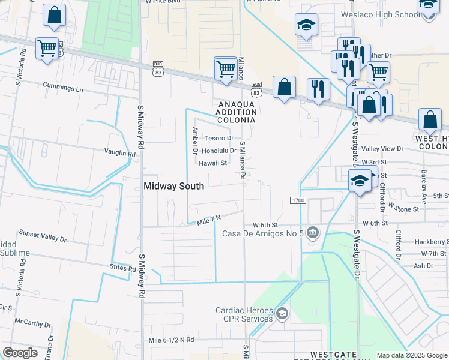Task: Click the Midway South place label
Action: (174, 186)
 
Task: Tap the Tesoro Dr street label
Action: (218, 139)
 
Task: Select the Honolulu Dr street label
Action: (219, 151)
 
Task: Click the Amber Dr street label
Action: (194, 140)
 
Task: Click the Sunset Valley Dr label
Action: (43, 235)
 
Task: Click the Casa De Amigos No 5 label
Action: (263, 233)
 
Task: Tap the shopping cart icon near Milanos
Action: (225, 68)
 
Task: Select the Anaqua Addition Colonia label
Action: (236, 112)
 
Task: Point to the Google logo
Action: (20, 352)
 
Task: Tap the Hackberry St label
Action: (431, 242)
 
